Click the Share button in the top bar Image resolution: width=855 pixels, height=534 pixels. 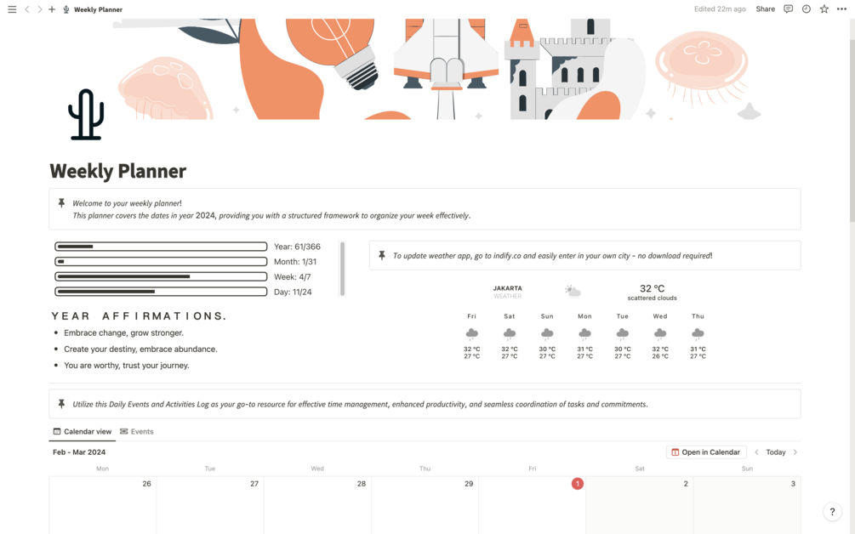[x=765, y=9]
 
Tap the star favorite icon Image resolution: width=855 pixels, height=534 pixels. [x=824, y=9]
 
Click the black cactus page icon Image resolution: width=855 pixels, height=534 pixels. [x=86, y=115]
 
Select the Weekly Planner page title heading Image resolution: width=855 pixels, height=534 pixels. [x=117, y=171]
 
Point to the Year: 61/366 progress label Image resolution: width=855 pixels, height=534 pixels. [x=297, y=247]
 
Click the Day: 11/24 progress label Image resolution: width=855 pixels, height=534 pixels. [x=293, y=292]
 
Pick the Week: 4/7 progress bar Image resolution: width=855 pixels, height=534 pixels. [x=161, y=277]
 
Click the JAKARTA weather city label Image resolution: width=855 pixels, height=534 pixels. [x=508, y=288]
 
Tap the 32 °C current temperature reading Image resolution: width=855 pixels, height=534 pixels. [x=653, y=288]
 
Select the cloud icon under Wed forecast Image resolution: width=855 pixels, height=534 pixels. [x=660, y=333]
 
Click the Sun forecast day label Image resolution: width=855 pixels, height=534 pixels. [x=547, y=316]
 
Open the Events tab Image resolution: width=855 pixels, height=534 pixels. [x=137, y=432]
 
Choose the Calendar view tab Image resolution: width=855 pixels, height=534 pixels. [x=83, y=432]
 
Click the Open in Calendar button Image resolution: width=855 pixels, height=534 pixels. [x=705, y=452]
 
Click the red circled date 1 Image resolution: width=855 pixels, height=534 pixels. [x=578, y=484]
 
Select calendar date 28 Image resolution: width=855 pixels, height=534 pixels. [x=362, y=484]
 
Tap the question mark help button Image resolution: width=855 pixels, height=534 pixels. [x=832, y=512]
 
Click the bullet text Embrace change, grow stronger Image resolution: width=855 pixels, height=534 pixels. [x=123, y=333]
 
